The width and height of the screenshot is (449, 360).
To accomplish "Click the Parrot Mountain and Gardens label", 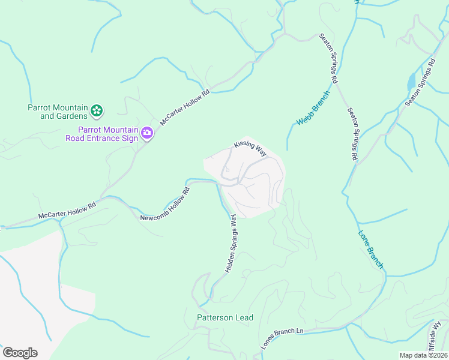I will click(x=57, y=112).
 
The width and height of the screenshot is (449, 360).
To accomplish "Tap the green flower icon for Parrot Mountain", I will click(x=97, y=110).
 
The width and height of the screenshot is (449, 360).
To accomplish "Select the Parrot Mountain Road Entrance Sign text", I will click(x=101, y=134).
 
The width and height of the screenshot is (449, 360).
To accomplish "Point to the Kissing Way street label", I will click(x=250, y=148).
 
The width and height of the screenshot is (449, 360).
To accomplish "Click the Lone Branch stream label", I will click(x=370, y=249).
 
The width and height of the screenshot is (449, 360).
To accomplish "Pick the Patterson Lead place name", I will click(x=226, y=317).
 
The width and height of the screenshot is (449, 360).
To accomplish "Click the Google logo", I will click(x=20, y=353).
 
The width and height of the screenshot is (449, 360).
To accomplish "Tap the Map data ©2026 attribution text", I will click(x=423, y=355).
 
